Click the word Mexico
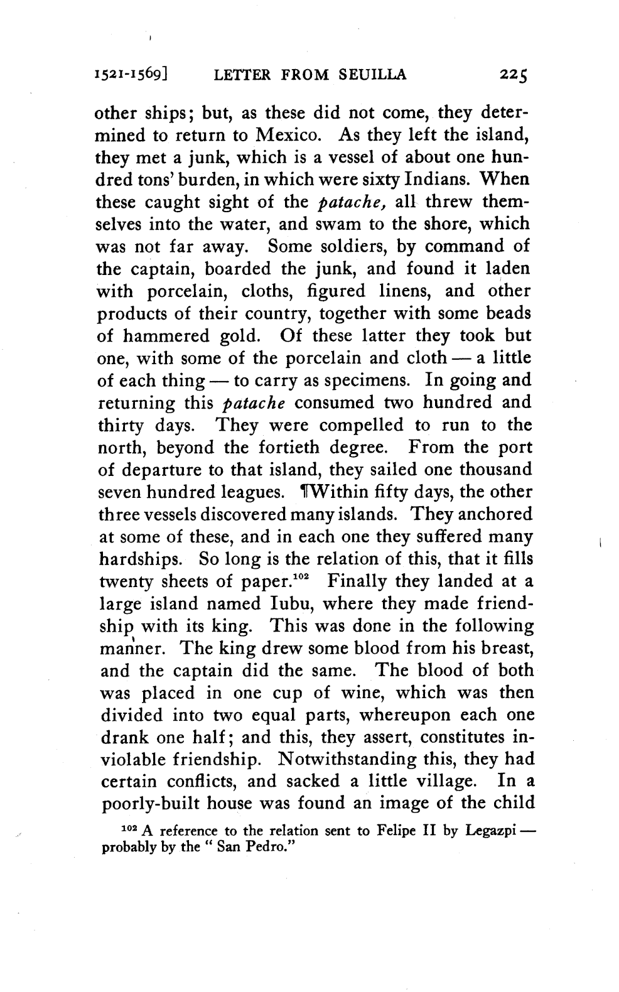[x=291, y=135]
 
